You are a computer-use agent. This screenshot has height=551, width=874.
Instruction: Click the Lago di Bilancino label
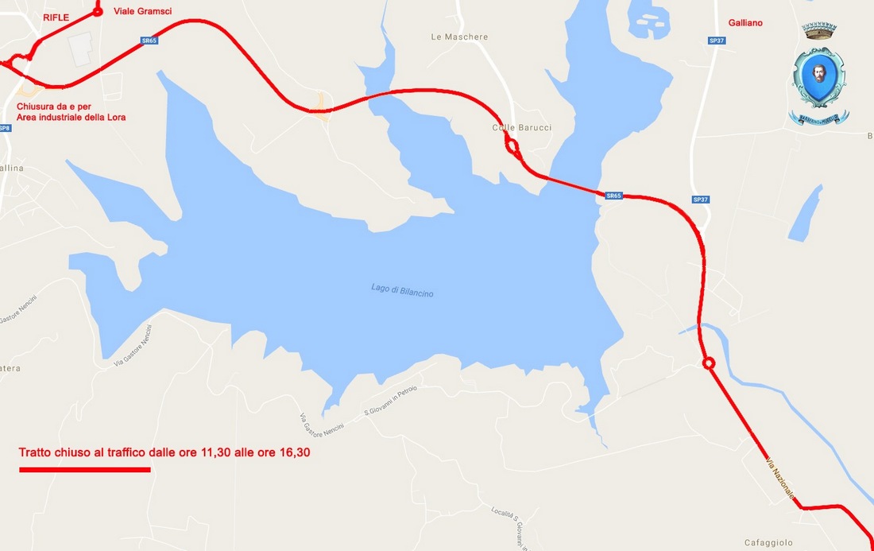click(x=402, y=291)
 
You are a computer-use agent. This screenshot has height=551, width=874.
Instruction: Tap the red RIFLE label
click(x=56, y=17)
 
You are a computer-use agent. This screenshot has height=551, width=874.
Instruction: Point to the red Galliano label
click(x=746, y=23)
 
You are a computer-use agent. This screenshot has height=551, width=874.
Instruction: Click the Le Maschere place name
click(x=459, y=37)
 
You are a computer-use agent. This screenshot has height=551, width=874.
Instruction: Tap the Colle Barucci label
click(x=521, y=128)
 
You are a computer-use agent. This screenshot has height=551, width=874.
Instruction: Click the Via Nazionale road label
click(x=780, y=478)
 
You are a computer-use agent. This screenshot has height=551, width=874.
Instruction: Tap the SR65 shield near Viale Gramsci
click(x=148, y=41)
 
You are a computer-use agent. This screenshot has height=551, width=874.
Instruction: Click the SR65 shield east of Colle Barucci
click(x=613, y=196)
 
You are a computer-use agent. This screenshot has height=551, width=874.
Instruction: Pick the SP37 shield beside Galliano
click(x=717, y=41)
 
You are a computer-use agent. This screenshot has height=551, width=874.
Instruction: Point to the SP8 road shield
click(x=5, y=128)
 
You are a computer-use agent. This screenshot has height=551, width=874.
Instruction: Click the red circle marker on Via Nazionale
click(x=709, y=363)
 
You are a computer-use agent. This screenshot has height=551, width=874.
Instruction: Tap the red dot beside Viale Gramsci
click(x=98, y=12)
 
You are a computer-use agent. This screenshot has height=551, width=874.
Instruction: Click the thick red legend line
click(x=84, y=469)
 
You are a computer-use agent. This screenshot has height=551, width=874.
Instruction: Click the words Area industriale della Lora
click(x=72, y=117)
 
